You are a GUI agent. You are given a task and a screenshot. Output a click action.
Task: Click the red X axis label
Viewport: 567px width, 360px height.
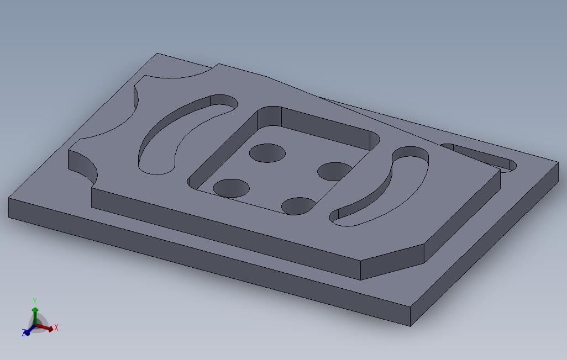click(x=56, y=327)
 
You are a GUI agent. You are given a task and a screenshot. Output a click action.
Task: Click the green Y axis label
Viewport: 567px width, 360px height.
click(x=35, y=301)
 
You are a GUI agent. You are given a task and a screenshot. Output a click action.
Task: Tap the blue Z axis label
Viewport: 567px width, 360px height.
click(x=24, y=333)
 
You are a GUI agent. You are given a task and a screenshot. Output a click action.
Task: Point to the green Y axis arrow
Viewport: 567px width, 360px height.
click(x=35, y=313)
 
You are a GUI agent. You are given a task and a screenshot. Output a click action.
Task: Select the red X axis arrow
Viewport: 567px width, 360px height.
click(x=48, y=328)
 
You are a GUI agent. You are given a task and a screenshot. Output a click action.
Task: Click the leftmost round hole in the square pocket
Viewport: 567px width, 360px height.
click(x=231, y=188)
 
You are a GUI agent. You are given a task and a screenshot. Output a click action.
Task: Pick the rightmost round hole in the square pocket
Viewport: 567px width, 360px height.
click(x=335, y=171)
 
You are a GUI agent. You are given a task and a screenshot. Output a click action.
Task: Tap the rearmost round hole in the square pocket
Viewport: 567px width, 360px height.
click(x=267, y=152)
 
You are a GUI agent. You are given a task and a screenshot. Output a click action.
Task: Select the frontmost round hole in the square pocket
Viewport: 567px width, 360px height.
click(x=298, y=206)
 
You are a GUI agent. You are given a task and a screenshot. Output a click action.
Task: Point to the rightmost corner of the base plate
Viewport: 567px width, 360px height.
click(x=558, y=162)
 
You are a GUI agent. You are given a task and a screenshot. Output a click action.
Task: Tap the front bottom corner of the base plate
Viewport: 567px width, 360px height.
click(x=411, y=326)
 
